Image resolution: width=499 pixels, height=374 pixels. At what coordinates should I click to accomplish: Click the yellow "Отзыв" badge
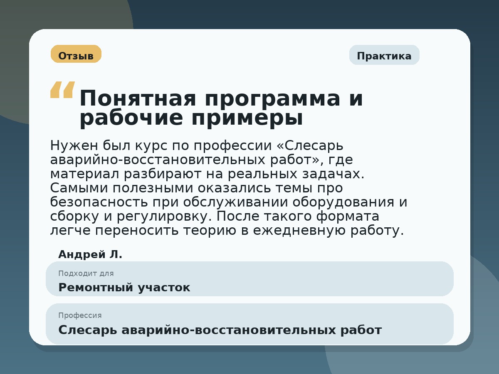(76, 54)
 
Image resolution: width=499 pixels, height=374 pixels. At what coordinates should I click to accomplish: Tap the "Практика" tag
(384, 55)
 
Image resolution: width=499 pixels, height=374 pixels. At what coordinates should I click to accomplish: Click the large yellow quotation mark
(62, 90)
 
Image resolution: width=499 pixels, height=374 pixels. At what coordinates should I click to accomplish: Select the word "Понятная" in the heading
(138, 99)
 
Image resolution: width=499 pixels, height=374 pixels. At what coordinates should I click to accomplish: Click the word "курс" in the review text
(153, 146)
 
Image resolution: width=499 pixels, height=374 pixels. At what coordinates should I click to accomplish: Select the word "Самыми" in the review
(74, 188)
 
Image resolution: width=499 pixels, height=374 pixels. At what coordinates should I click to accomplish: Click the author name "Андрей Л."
(90, 254)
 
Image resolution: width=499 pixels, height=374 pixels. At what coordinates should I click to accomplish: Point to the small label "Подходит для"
(86, 273)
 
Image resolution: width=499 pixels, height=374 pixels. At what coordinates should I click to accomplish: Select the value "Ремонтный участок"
(124, 288)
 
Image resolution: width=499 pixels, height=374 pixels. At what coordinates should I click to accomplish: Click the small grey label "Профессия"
(80, 315)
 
